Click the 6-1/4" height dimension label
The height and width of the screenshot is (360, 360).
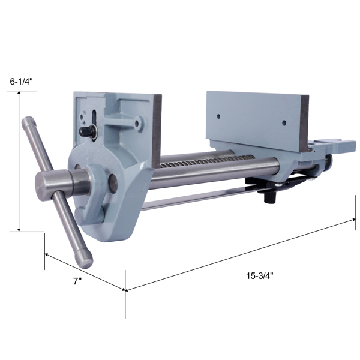pos(22,82)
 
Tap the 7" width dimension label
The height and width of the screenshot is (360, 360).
pos(77,281)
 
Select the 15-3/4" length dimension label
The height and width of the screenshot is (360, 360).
pos(260,276)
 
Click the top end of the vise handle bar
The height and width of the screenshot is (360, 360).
pos(29,122)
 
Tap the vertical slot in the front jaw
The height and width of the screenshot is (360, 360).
pos(94,118)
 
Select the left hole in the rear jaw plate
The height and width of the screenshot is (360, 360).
pos(218,116)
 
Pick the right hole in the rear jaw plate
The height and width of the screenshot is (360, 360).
pos(284,122)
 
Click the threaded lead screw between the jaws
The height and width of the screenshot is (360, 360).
pos(206,161)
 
